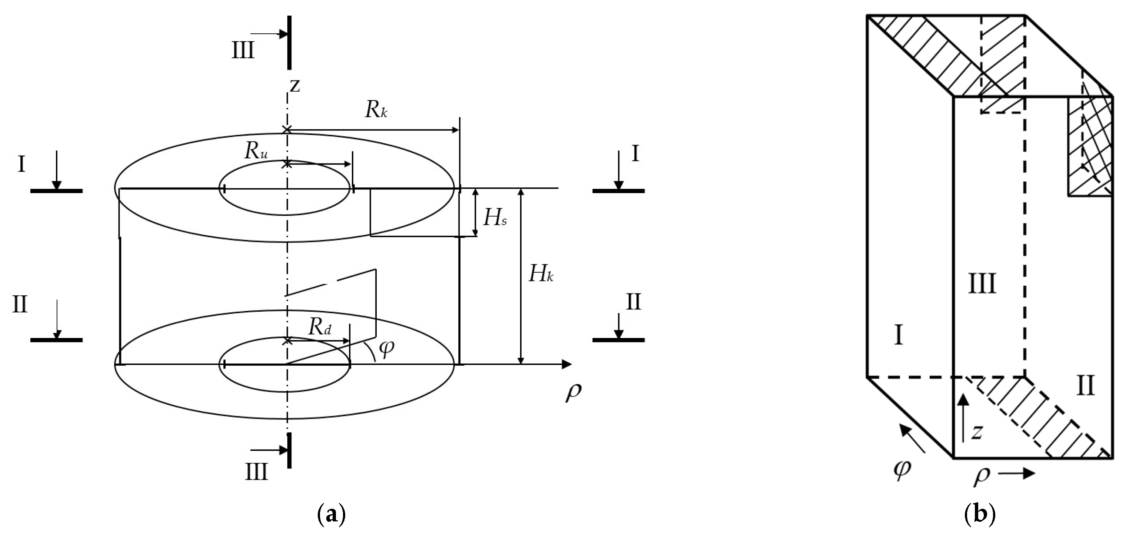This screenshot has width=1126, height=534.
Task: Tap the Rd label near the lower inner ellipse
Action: click(320, 326)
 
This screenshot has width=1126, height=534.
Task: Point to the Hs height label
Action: click(495, 218)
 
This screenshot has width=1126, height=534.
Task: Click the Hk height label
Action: click(541, 275)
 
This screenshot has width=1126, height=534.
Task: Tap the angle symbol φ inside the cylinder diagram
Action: click(386, 348)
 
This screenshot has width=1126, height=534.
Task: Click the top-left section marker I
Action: click(21, 165)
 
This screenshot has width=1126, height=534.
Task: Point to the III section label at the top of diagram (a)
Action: click(243, 51)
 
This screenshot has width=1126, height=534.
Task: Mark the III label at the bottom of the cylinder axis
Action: click(256, 472)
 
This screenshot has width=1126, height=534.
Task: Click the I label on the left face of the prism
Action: click(899, 336)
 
